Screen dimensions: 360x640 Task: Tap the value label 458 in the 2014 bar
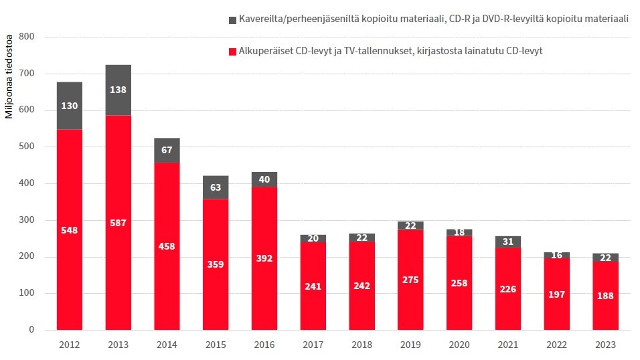[x=167, y=246]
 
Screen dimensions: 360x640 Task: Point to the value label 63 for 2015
[x=216, y=187]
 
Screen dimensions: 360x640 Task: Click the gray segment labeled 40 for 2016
[x=264, y=179]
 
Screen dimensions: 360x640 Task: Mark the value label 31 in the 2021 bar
[x=508, y=242]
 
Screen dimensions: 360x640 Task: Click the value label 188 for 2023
[x=605, y=295]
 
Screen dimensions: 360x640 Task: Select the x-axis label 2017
[x=313, y=345]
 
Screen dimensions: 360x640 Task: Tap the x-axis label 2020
[x=459, y=345]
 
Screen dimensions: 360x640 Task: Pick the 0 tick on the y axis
[x=31, y=330]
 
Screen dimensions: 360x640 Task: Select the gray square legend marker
[x=232, y=20]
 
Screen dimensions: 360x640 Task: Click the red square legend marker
[x=232, y=51]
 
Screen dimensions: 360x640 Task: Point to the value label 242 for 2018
[x=362, y=286]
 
